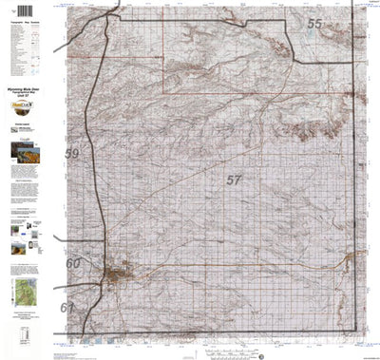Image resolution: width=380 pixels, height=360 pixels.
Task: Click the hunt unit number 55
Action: click(314, 24)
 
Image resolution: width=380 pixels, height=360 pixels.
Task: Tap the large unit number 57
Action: click(235, 179)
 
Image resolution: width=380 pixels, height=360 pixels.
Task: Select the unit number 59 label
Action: click(72, 154)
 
